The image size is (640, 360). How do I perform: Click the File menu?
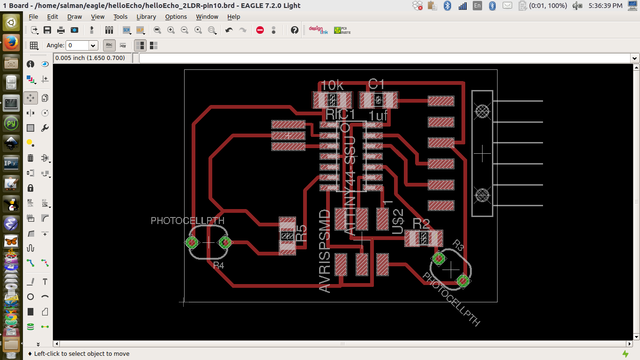(33, 16)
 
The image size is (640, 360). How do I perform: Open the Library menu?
(146, 16)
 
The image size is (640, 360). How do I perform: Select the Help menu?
(233, 16)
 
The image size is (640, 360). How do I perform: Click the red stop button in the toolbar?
(260, 30)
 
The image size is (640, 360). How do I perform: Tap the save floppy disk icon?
(47, 30)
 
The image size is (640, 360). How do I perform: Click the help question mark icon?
(294, 30)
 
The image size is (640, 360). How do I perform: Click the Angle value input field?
(78, 45)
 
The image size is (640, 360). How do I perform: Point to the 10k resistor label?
(332, 85)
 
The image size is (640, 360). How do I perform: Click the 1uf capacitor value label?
(378, 115)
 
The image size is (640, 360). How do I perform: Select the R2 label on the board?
(421, 223)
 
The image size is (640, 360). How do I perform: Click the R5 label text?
(302, 233)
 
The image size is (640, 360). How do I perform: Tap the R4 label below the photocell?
(218, 265)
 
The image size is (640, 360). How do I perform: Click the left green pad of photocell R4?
(192, 242)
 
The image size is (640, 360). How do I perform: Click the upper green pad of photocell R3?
(439, 258)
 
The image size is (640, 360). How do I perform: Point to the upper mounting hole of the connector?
(482, 111)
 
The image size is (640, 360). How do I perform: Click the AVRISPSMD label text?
(325, 251)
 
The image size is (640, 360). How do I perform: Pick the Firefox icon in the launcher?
(11, 43)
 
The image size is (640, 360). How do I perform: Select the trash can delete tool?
(30, 158)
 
